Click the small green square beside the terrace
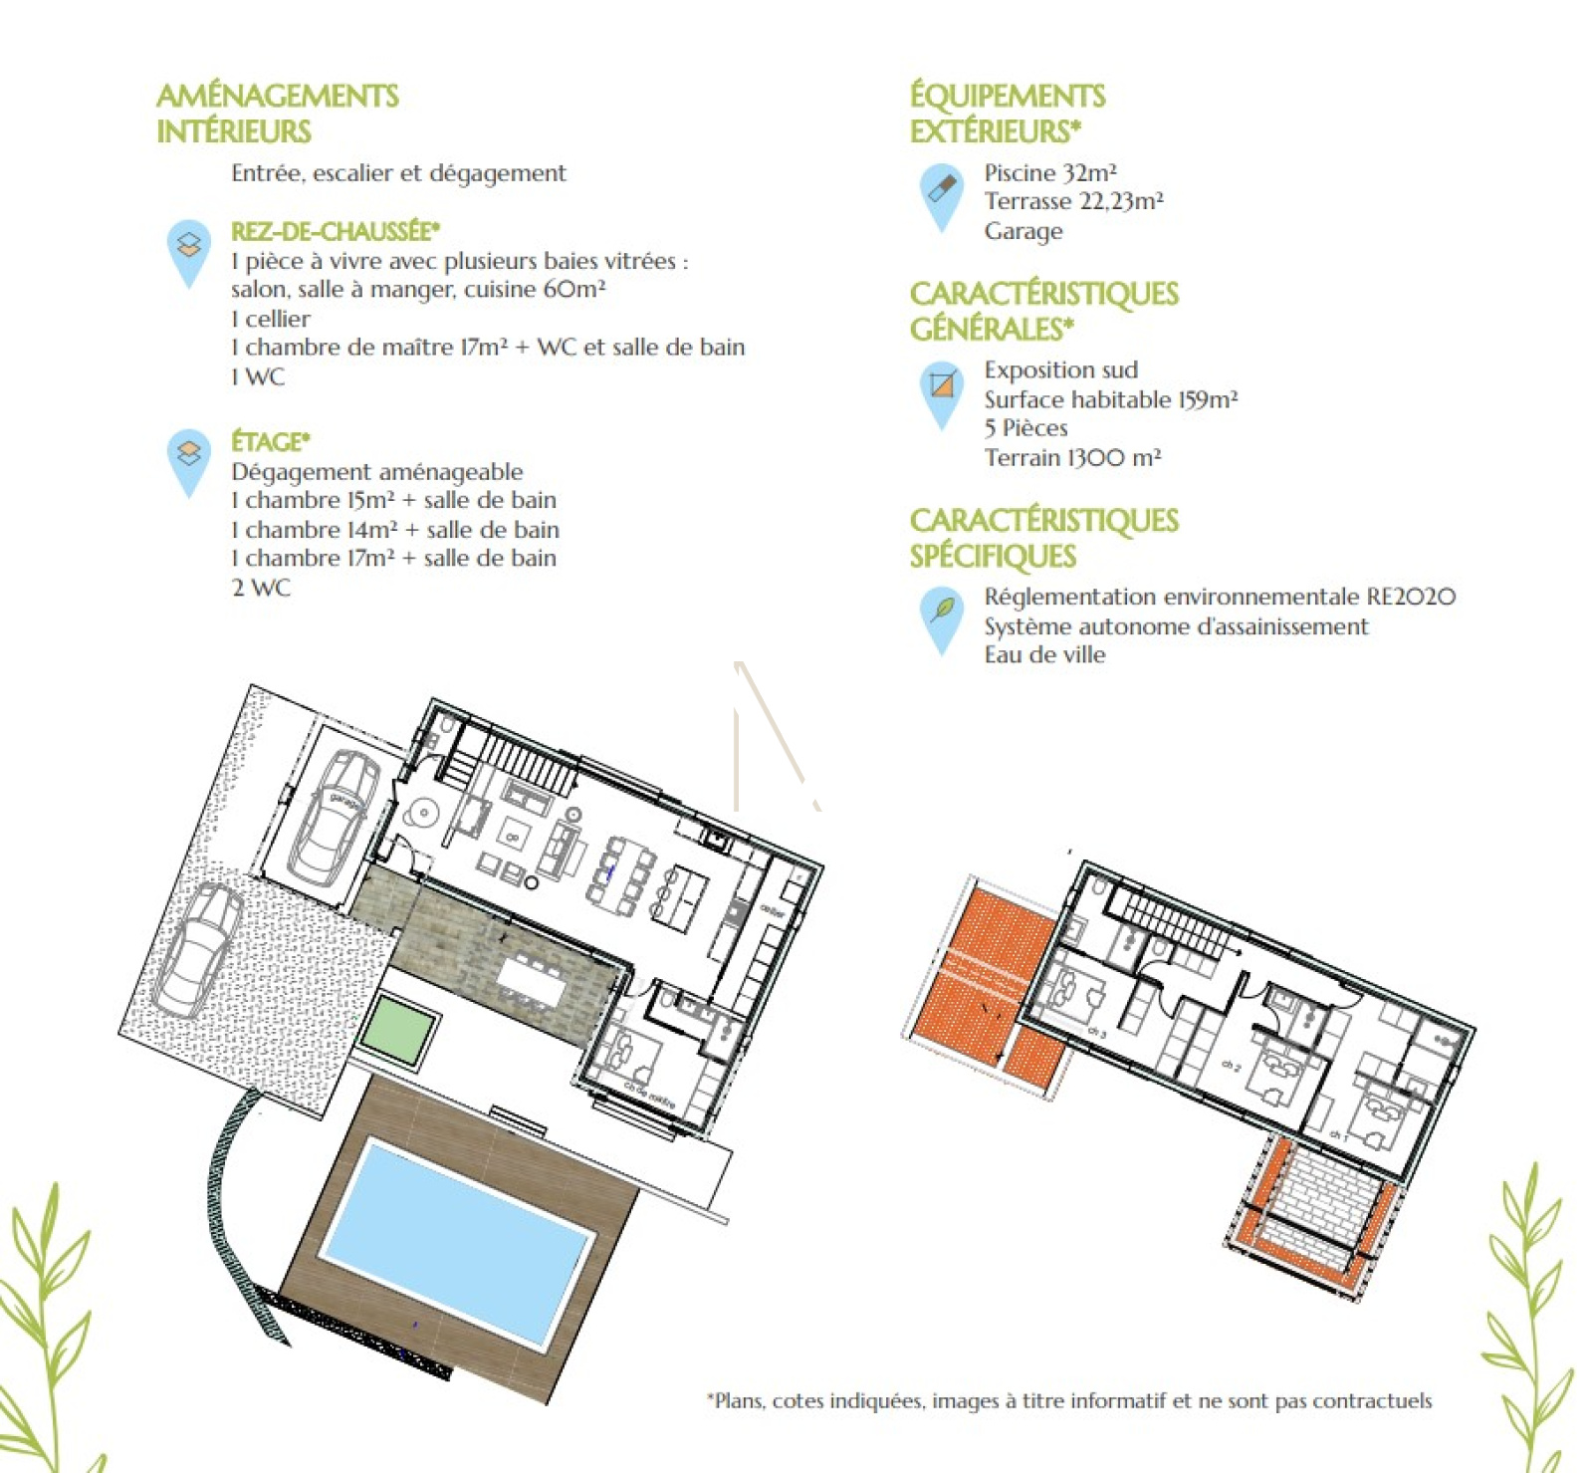pos(399,1030)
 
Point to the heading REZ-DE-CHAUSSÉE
pos(336,231)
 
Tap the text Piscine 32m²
pos(1049,173)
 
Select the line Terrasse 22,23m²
pos(1073,202)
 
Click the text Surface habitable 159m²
pos(1110,399)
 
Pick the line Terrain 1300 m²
pos(1072,458)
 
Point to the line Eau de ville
pos(1044,655)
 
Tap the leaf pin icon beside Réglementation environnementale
pos(941,614)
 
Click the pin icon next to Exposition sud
pos(941,388)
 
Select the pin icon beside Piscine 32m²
pos(941,191)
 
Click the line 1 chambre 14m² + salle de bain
pos(394,530)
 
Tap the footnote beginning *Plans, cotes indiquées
pos(1068,1401)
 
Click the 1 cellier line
pos(271,319)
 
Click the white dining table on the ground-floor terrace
pos(529,980)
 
